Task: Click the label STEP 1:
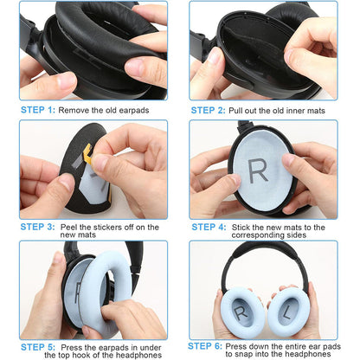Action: pyautogui.click(x=37, y=111)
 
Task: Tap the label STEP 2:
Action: pyautogui.click(x=208, y=111)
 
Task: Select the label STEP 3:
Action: pyautogui.click(x=37, y=227)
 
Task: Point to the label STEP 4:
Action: pyautogui.click(x=208, y=227)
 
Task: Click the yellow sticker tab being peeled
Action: pyautogui.click(x=89, y=155)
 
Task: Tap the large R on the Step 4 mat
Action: pyautogui.click(x=259, y=170)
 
